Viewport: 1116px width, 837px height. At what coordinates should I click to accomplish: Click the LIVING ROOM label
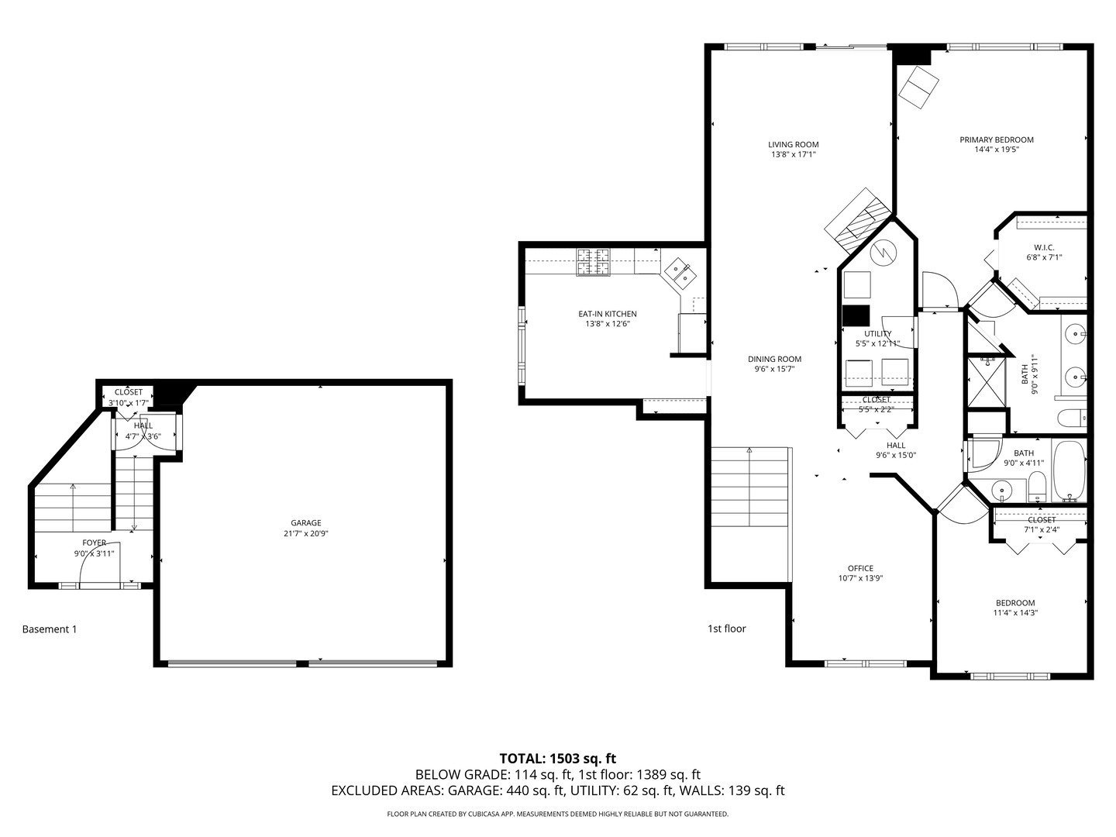pyautogui.click(x=793, y=144)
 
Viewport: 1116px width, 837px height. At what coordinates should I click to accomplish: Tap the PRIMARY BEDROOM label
pyautogui.click(x=996, y=139)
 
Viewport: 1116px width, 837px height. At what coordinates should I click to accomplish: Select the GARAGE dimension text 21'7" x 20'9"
pyautogui.click(x=305, y=533)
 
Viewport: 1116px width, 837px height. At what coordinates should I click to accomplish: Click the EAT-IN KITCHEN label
pyautogui.click(x=607, y=314)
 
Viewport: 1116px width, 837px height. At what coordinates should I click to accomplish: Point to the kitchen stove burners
pyautogui.click(x=593, y=263)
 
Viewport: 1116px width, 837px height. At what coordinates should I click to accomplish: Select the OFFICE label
pyautogui.click(x=860, y=568)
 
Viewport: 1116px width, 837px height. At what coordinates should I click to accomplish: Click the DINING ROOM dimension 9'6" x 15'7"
pyautogui.click(x=774, y=369)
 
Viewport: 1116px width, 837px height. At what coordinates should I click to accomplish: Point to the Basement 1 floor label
pyautogui.click(x=50, y=629)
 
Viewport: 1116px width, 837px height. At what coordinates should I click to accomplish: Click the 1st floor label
pyautogui.click(x=726, y=629)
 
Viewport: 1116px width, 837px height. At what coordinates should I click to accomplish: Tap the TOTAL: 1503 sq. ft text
pyautogui.click(x=557, y=758)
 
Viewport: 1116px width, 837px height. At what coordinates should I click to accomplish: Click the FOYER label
pyautogui.click(x=95, y=542)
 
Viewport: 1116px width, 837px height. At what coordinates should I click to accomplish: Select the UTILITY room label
pyautogui.click(x=877, y=333)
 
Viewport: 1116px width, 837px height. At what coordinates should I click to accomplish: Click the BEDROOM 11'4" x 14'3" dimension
pyautogui.click(x=1015, y=612)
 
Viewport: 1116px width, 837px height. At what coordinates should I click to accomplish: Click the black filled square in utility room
pyautogui.click(x=856, y=316)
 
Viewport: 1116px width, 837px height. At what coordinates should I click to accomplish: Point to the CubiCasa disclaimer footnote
pyautogui.click(x=557, y=814)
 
